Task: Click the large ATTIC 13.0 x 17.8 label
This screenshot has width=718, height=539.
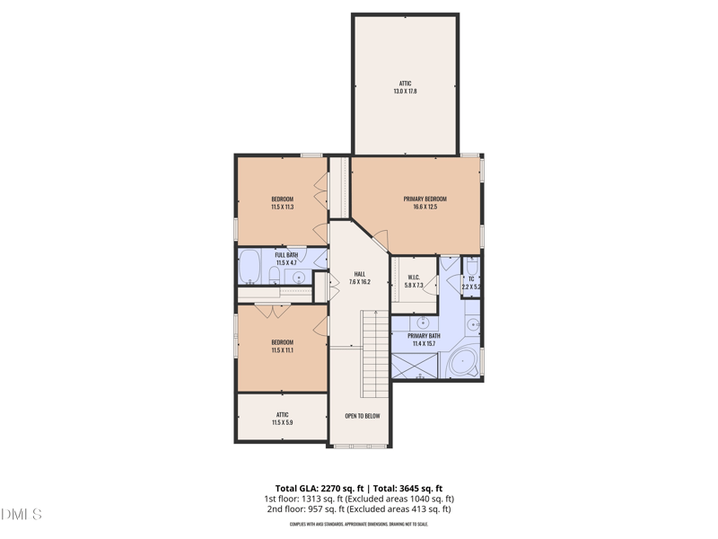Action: [x=405, y=87]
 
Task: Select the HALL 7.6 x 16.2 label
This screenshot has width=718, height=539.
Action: [x=359, y=278]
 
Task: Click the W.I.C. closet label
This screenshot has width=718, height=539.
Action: [x=414, y=281]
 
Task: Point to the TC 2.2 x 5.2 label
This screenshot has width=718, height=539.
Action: [x=471, y=283]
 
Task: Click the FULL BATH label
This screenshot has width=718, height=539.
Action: [x=286, y=259]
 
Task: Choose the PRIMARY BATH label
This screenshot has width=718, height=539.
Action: [x=424, y=340]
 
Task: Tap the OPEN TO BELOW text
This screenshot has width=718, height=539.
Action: [x=363, y=416]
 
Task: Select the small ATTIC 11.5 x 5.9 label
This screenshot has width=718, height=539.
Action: [x=282, y=419]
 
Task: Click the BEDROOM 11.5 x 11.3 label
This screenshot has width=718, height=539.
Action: [x=282, y=203]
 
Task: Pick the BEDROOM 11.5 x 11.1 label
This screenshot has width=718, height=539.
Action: [x=282, y=346]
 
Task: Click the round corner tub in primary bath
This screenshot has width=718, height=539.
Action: [x=463, y=362]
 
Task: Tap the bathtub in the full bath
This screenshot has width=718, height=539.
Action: [x=250, y=267]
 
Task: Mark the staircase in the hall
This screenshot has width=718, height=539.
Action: [x=374, y=353]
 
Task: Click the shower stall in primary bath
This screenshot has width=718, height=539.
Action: [x=414, y=365]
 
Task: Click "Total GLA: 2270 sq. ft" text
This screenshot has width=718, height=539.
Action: [x=320, y=488]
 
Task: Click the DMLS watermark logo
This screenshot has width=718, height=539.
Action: [x=22, y=515]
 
